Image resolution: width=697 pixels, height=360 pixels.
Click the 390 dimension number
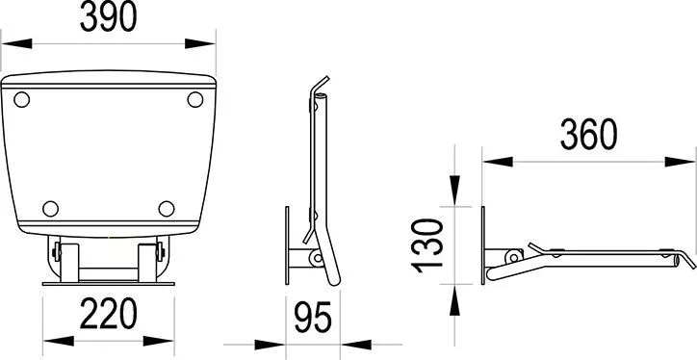tap(108, 17)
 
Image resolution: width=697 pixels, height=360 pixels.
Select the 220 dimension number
tap(108, 314)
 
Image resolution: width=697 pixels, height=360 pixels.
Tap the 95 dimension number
tap(313, 318)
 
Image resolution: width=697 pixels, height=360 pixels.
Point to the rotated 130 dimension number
tap(428, 245)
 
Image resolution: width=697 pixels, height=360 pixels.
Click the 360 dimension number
tap(588, 135)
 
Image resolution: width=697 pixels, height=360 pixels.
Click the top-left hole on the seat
tap(22, 99)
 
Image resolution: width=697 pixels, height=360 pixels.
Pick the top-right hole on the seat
tap(195, 99)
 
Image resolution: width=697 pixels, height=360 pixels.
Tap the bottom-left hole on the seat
tap(51, 209)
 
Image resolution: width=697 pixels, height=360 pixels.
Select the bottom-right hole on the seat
tap(167, 209)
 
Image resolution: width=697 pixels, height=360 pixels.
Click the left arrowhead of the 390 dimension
tap(17, 43)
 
